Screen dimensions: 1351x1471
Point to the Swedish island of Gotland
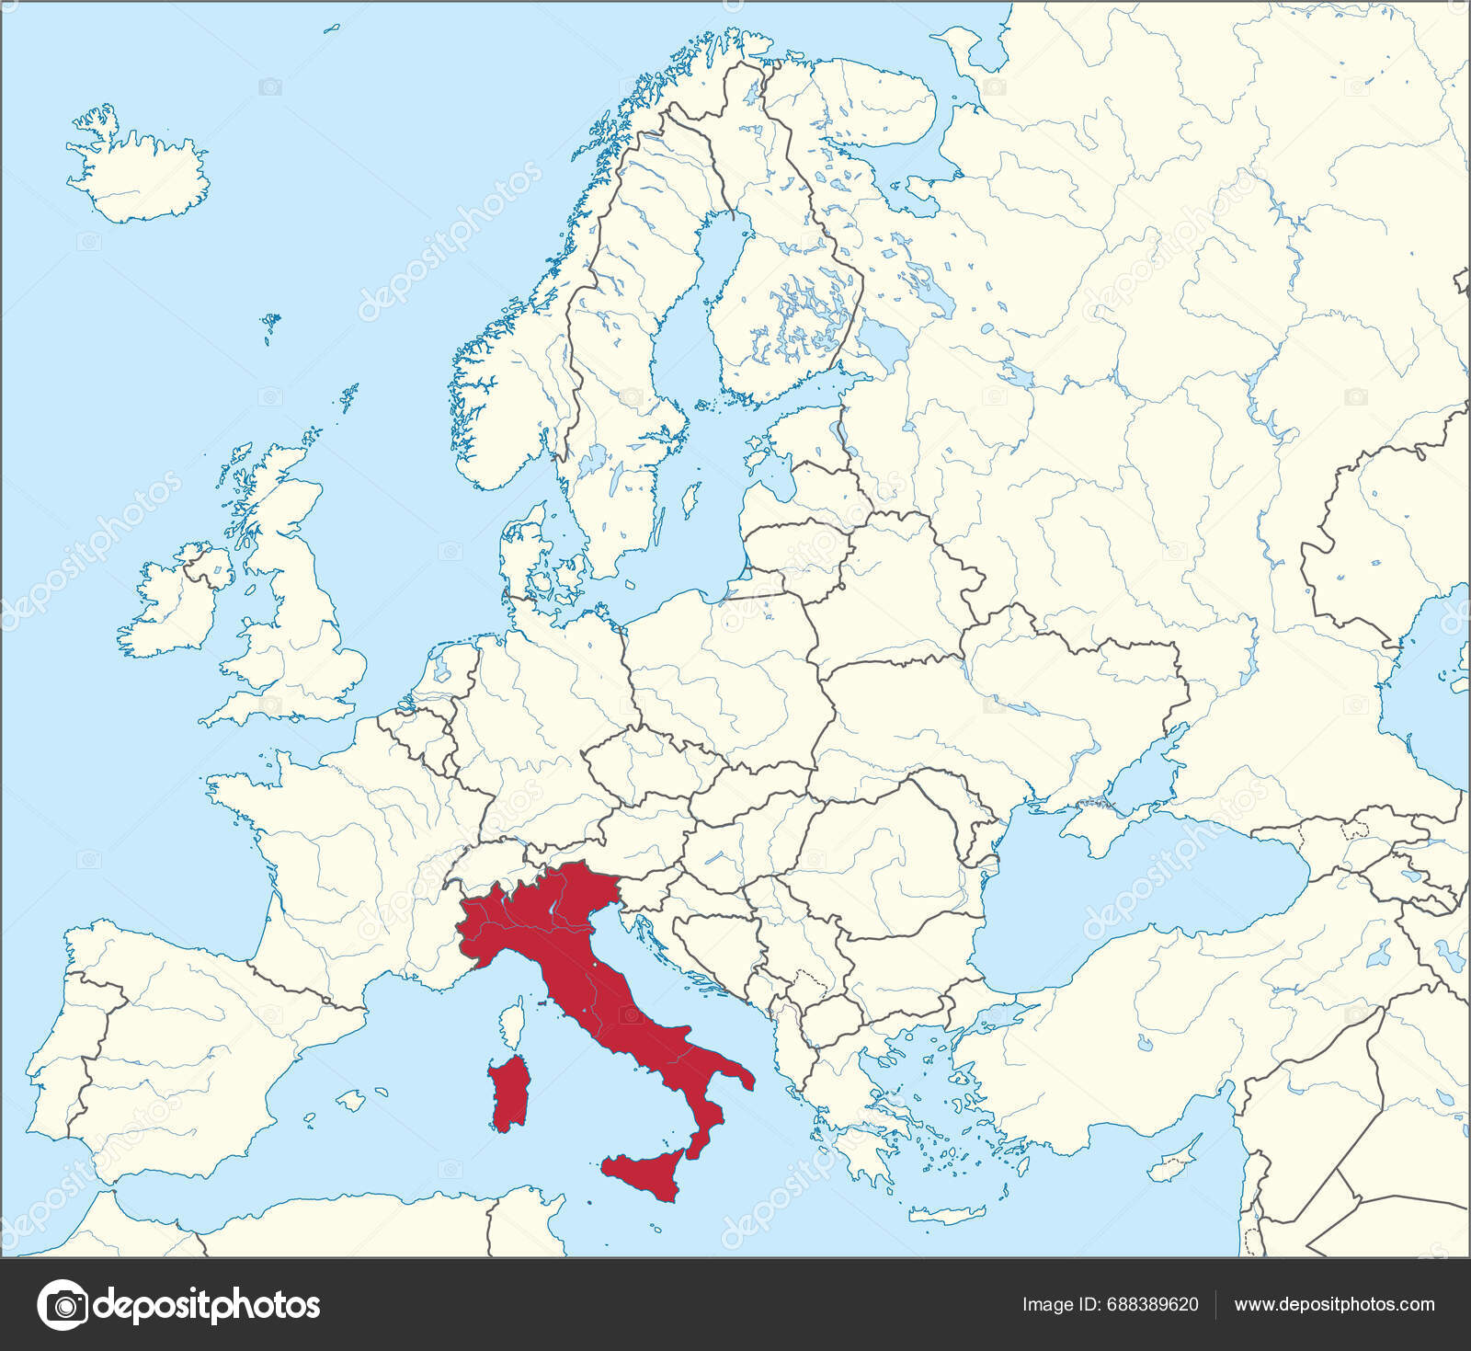click(685, 501)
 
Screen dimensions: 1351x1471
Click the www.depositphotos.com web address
click(1334, 1304)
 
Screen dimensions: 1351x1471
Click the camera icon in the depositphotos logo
click(62, 1305)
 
